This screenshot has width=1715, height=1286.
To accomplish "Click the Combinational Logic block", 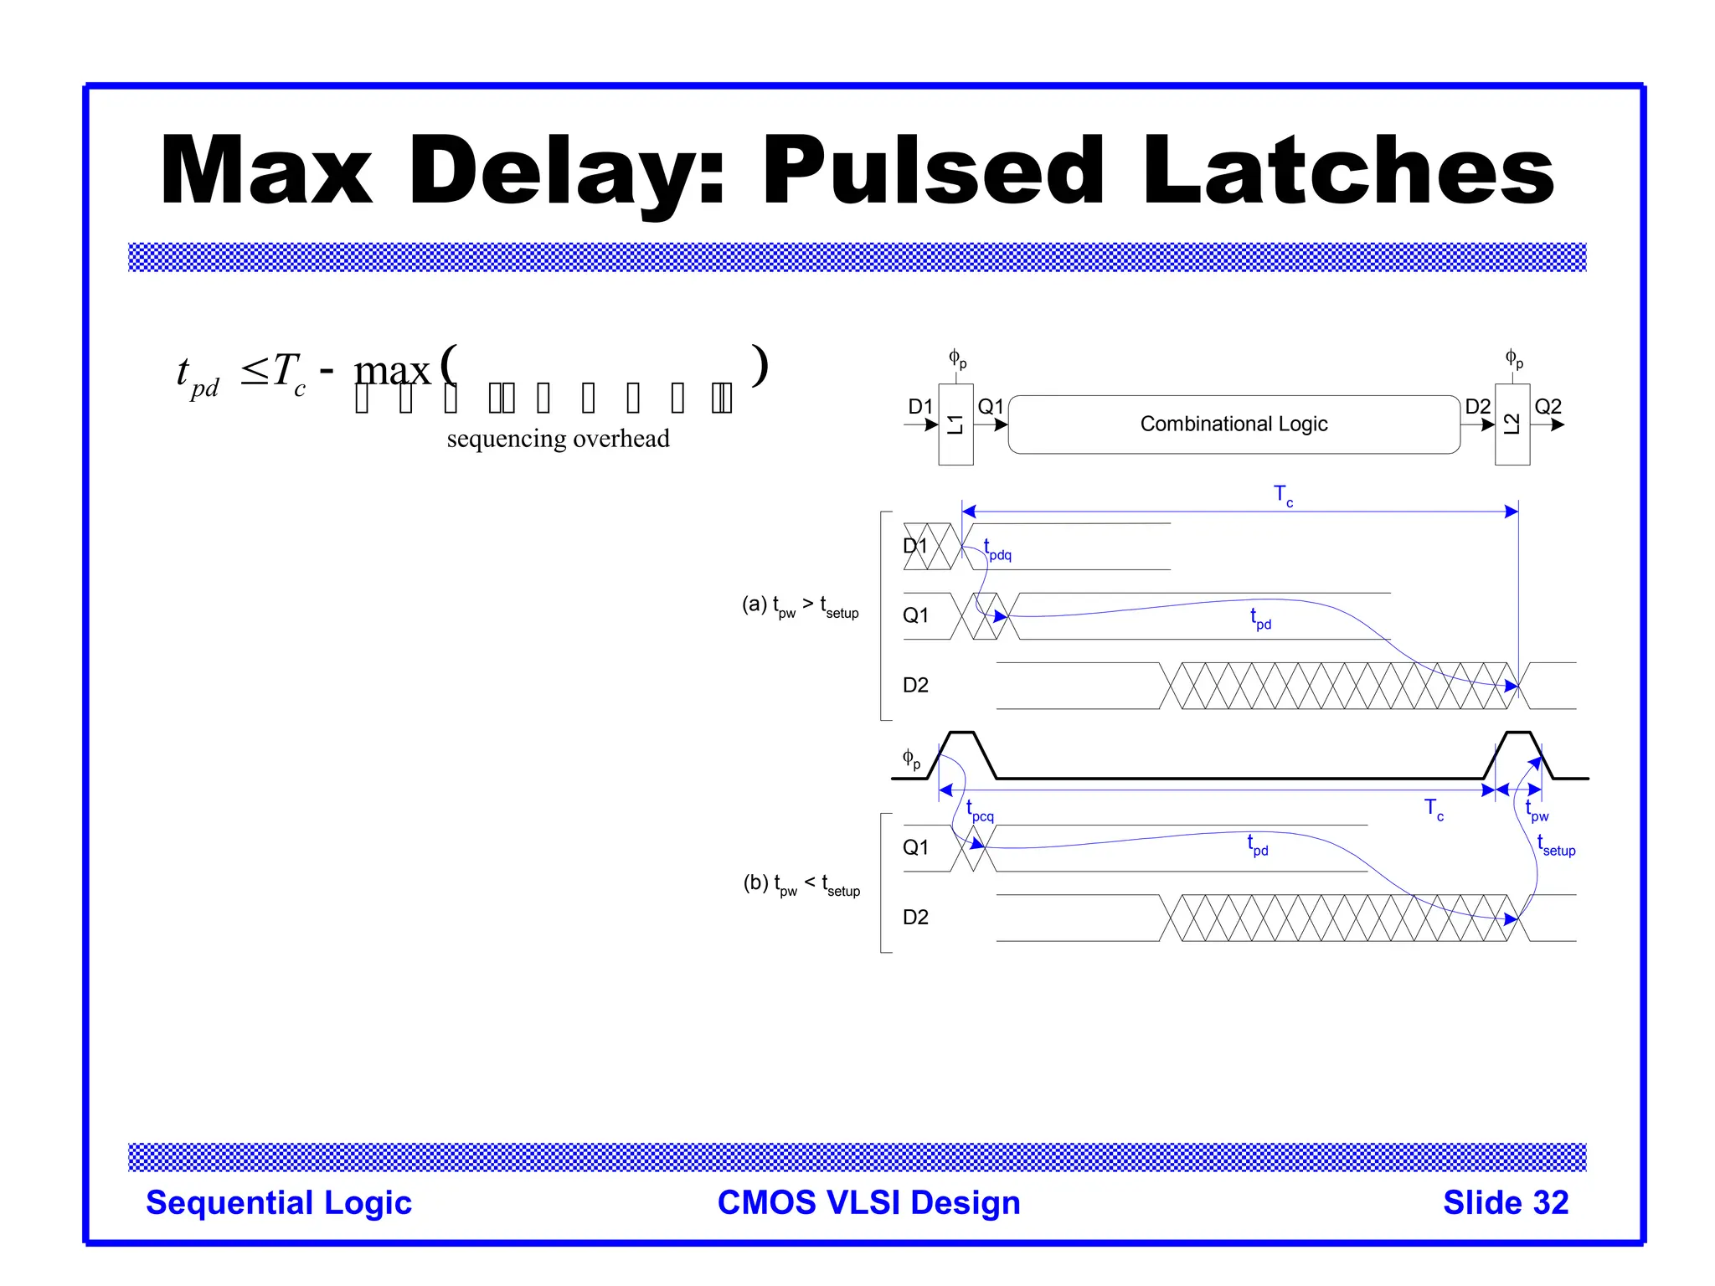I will click(1233, 424).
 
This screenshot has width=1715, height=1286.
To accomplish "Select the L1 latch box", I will click(955, 424).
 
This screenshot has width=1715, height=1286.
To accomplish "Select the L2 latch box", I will click(1512, 424).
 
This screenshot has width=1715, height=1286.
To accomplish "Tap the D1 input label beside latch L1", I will click(919, 407).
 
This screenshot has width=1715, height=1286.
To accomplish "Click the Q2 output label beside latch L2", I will click(1548, 407).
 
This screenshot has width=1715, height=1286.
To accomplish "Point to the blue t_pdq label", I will click(997, 550).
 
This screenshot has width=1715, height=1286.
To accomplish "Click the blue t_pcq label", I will click(980, 811).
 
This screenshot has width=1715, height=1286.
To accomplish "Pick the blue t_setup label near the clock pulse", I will click(1556, 846).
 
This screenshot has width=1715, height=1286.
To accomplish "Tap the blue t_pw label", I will click(1537, 811).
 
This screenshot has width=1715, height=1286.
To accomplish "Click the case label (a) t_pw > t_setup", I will click(800, 606).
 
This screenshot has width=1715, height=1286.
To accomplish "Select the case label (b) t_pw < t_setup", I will click(801, 885).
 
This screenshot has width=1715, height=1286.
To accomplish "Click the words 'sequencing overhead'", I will click(558, 439).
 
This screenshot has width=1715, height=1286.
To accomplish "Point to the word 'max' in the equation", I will click(392, 371).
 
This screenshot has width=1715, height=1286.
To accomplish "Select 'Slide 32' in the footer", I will click(1505, 1202).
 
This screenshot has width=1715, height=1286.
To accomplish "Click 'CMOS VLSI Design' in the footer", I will click(868, 1202).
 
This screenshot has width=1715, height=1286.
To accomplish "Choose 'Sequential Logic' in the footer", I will click(279, 1202).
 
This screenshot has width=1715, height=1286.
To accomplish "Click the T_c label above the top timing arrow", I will click(1283, 496).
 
